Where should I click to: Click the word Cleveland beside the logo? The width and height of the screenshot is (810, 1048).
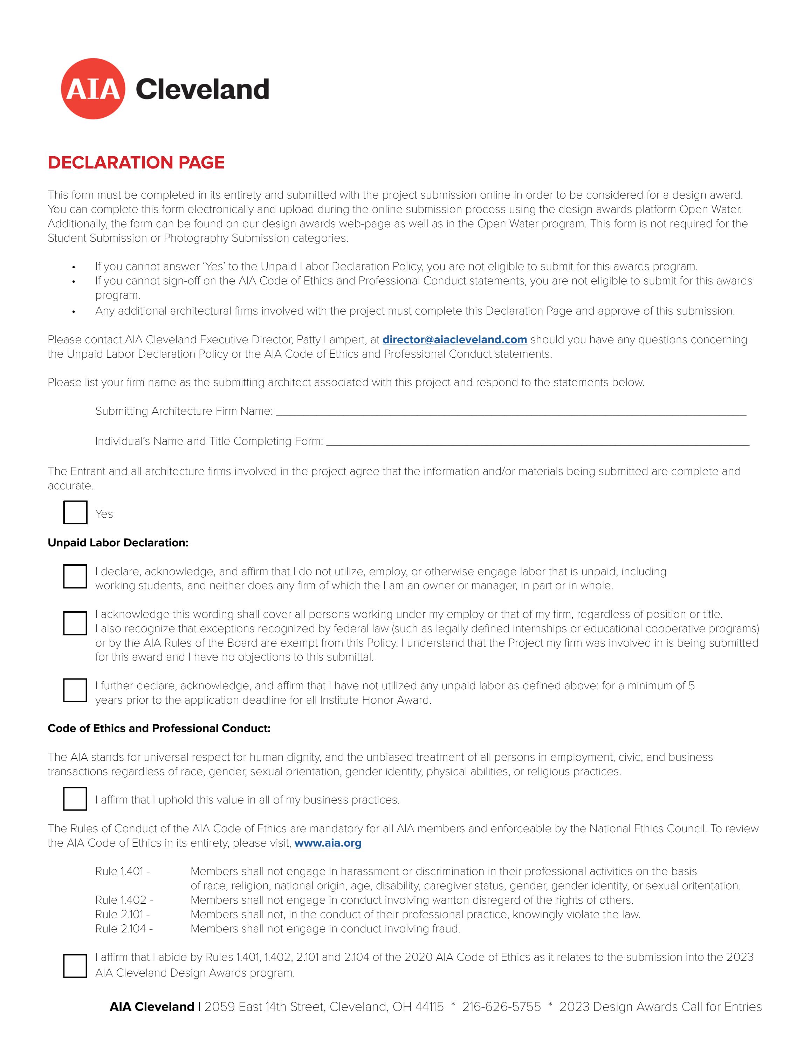(202, 89)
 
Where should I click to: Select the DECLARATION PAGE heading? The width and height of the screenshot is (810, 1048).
(136, 163)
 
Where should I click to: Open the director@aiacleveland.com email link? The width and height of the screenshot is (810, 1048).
(454, 340)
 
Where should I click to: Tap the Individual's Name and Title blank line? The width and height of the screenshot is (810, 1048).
(537, 442)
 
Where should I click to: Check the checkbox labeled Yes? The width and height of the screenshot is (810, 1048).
(75, 512)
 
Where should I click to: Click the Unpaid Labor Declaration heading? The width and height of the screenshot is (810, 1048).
(118, 543)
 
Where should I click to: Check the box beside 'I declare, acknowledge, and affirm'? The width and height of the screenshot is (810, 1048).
(75, 576)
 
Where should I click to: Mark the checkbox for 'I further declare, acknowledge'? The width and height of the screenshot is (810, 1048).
(75, 690)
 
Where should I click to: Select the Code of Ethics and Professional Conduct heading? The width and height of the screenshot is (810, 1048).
(159, 729)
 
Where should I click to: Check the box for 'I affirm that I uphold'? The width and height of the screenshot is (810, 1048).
(75, 799)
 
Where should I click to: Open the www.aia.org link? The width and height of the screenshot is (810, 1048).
(328, 843)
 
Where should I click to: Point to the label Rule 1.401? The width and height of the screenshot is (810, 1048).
(122, 871)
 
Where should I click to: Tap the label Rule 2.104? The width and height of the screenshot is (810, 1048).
(124, 929)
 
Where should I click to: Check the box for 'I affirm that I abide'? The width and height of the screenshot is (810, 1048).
(75, 966)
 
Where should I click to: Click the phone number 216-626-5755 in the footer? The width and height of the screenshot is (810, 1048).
(501, 1007)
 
